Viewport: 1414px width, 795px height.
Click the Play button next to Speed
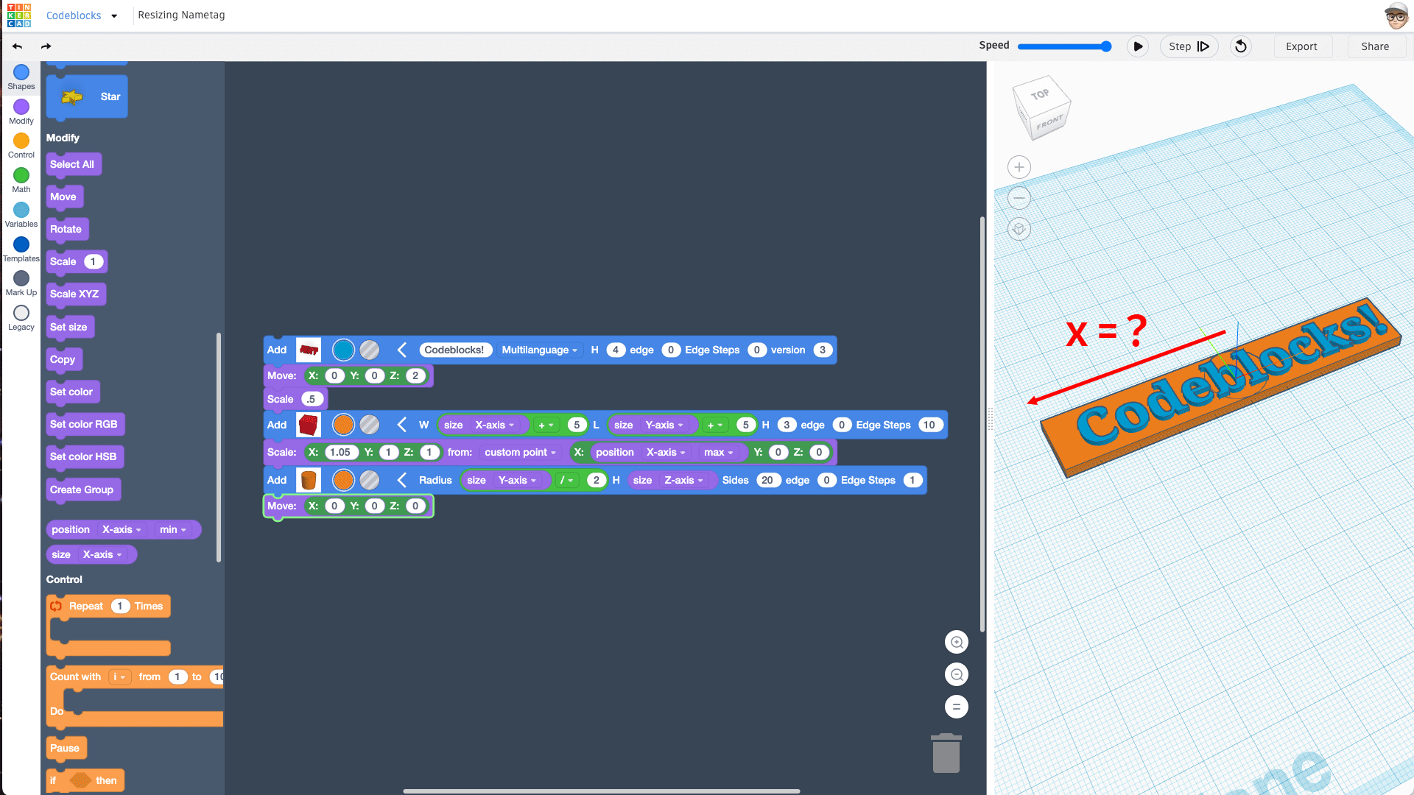pos(1138,46)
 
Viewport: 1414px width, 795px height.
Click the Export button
pos(1301,46)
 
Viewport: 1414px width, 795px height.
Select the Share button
pos(1375,46)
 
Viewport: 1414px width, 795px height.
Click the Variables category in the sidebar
pos(21,215)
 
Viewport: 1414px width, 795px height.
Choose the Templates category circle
pos(21,244)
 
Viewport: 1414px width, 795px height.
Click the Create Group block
pos(82,490)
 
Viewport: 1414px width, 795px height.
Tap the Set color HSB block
pos(84,457)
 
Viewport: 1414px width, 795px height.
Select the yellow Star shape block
pos(87,96)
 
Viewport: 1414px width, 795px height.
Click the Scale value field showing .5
pos(312,399)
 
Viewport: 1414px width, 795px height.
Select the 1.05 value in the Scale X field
pos(340,452)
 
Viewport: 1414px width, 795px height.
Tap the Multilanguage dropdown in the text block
pos(540,350)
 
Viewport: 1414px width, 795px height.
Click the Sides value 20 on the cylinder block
pos(767,480)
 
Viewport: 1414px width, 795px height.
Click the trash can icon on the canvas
pos(946,753)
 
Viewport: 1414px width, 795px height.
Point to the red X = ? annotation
pos(1106,331)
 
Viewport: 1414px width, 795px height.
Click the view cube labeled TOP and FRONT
pos(1041,108)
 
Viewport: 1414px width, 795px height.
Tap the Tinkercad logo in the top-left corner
pos(19,15)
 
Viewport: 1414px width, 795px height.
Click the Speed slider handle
pos(1105,46)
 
